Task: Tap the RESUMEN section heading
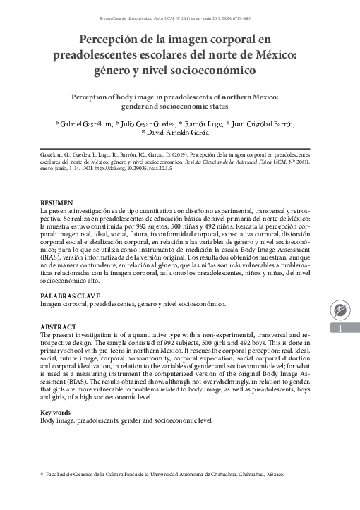(x=56, y=202)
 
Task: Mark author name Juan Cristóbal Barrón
(x=261, y=123)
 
